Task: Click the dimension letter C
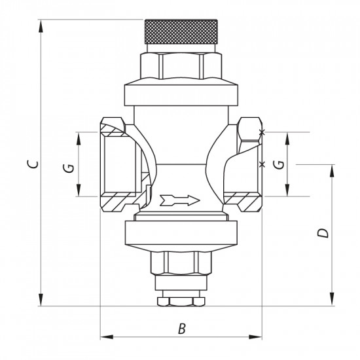coord(31,163)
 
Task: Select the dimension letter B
coord(181,329)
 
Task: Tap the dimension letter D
coord(321,233)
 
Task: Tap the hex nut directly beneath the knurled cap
coord(180,64)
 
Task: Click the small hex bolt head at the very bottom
coord(180,302)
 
